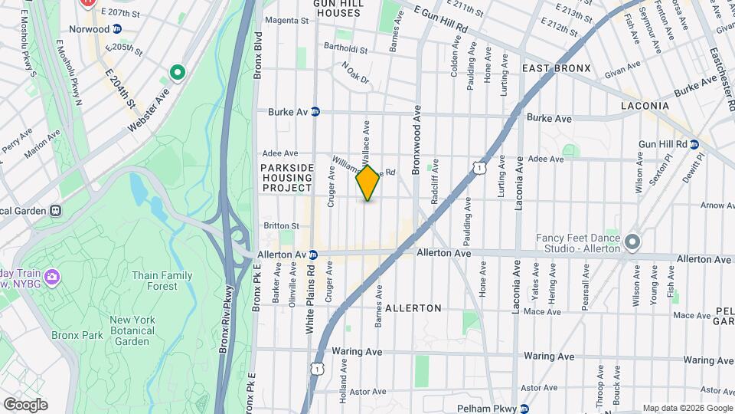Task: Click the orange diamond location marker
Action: tap(368, 183)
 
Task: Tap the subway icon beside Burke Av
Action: tap(315, 112)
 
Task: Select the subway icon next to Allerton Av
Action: tap(313, 254)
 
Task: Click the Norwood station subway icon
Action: tap(117, 29)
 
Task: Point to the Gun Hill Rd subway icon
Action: tap(694, 144)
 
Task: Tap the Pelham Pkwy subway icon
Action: tap(524, 409)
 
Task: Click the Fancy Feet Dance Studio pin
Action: tap(632, 243)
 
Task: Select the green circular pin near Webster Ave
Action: tap(178, 74)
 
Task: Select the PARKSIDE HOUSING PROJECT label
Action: tap(286, 177)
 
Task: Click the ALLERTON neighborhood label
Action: tap(413, 308)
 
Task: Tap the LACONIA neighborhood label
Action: tap(645, 105)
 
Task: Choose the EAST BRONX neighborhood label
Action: tap(557, 68)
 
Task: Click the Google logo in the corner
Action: tap(25, 404)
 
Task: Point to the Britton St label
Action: tap(281, 225)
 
